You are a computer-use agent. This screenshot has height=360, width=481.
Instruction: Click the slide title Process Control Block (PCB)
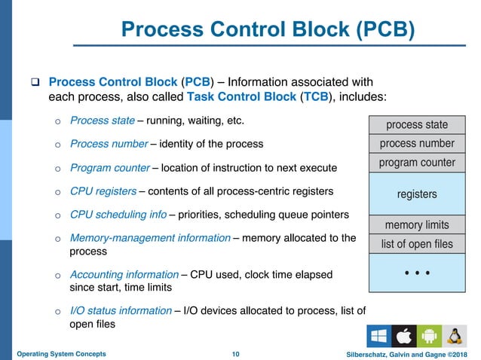[268, 30]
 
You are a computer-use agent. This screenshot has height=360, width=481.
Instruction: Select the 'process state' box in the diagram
[417, 124]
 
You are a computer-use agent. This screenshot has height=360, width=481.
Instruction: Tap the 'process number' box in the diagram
[417, 143]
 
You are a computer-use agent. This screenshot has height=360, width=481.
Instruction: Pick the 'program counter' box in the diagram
[417, 163]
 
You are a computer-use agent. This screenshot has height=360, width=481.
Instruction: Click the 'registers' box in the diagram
[417, 194]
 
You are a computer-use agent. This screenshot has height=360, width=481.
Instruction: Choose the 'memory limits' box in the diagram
[417, 224]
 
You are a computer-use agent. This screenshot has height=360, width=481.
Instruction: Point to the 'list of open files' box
[417, 243]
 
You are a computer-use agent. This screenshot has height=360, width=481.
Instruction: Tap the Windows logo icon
[378, 336]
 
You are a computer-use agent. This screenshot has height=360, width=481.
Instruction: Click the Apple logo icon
[403, 336]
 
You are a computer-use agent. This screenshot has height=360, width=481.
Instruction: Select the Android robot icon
[428, 336]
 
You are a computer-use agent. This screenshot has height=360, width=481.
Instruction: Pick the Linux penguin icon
[454, 336]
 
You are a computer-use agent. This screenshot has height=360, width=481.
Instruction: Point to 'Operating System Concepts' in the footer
[61, 353]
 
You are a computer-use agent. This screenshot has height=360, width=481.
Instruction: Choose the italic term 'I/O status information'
[118, 310]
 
